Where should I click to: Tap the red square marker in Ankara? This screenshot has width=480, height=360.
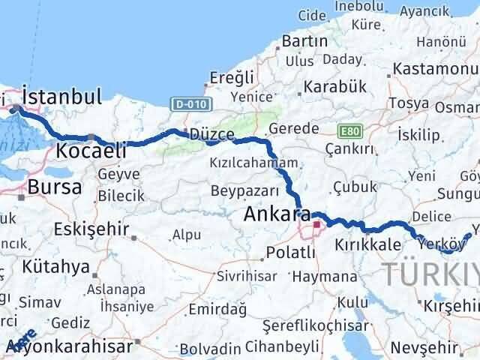(316, 223)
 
